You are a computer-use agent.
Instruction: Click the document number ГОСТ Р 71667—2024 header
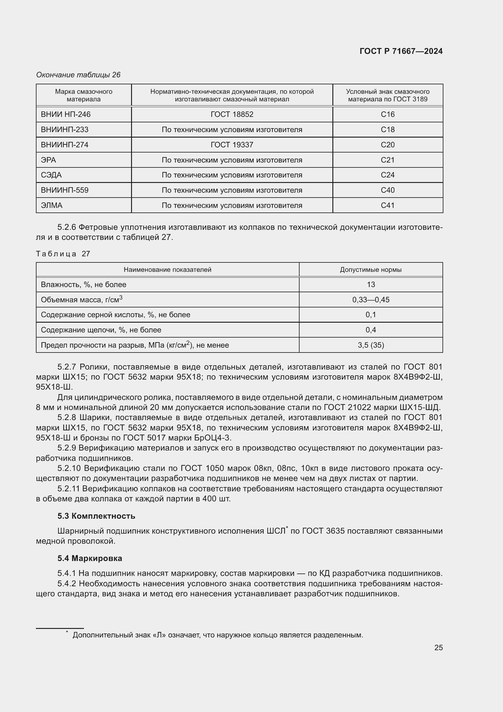pyautogui.click(x=401, y=51)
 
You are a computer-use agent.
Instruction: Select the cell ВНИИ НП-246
pyautogui.click(x=66, y=114)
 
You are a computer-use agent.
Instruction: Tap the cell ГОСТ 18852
pyautogui.click(x=232, y=114)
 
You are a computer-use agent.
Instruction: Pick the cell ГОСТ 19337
pyautogui.click(x=232, y=145)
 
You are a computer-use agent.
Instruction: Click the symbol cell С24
pyautogui.click(x=387, y=175)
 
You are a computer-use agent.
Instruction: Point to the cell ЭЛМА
pyautogui.click(x=52, y=205)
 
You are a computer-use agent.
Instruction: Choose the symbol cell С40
pyautogui.click(x=387, y=190)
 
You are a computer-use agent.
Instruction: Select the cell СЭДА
pyautogui.click(x=51, y=175)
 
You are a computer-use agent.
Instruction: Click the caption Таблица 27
pyautogui.click(x=63, y=254)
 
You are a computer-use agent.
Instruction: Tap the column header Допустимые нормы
pyautogui.click(x=370, y=269)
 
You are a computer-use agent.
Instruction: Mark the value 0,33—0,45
pyautogui.click(x=371, y=300)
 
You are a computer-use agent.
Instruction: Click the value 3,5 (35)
pyautogui.click(x=371, y=345)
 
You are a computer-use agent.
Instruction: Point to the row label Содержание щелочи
pyautogui.click(x=101, y=330)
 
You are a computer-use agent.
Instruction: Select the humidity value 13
pyautogui.click(x=371, y=284)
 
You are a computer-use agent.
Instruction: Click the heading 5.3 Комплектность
pyautogui.click(x=96, y=516)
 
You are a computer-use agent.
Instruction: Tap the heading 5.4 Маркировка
pyautogui.click(x=90, y=558)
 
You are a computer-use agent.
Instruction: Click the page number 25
pyautogui.click(x=438, y=647)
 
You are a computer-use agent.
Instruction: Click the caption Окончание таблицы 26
pyautogui.click(x=78, y=75)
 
